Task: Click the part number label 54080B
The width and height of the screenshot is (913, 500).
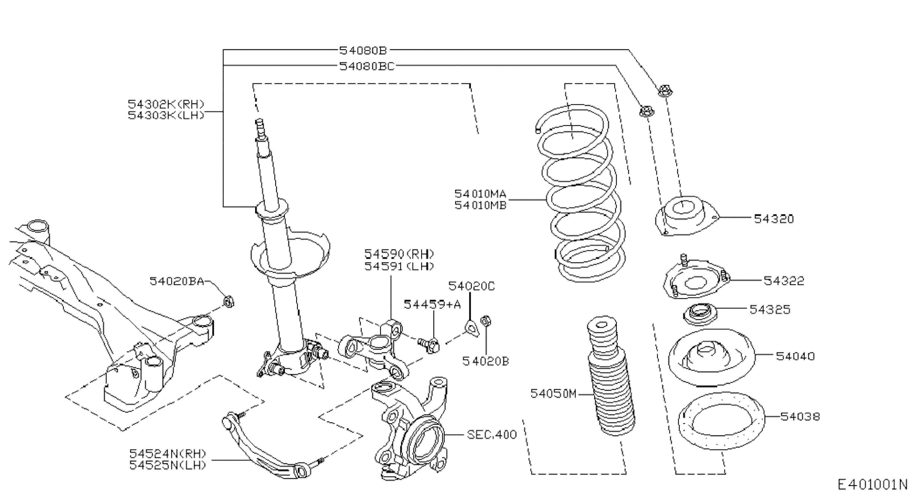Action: (363, 50)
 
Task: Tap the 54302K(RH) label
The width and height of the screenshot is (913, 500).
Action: (166, 104)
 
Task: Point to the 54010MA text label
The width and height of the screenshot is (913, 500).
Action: (480, 194)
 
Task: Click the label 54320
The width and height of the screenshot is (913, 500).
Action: (774, 219)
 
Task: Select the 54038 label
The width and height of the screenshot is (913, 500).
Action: (800, 417)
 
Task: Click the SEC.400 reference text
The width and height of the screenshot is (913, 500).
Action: (492, 434)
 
